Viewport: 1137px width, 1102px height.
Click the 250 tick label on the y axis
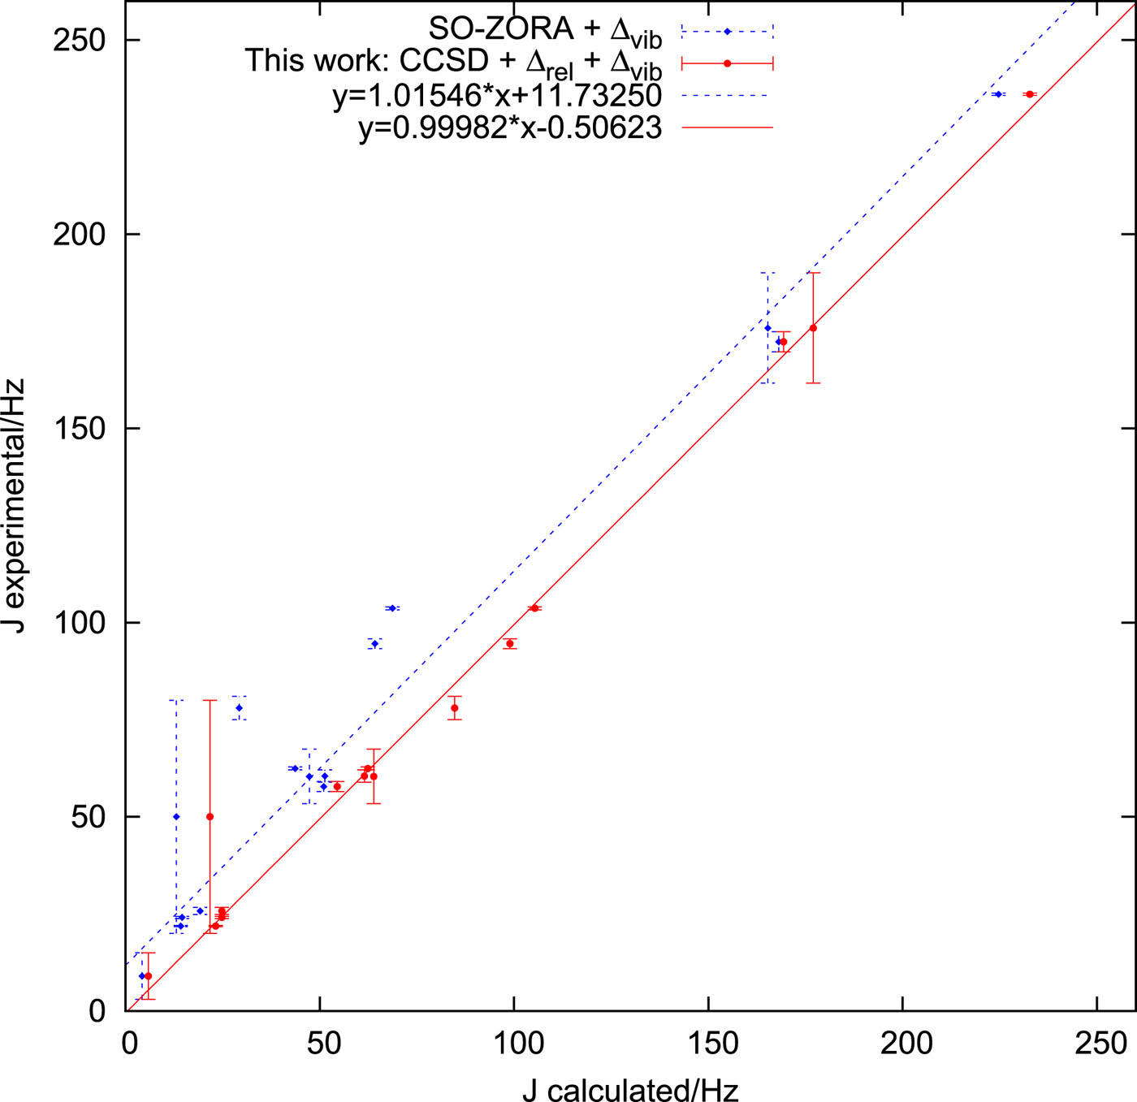(80, 40)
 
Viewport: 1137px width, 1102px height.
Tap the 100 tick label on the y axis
(80, 623)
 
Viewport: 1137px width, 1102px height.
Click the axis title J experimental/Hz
(15, 505)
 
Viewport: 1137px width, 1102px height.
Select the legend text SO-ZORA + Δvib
(545, 32)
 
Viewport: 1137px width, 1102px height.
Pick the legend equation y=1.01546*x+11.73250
(497, 96)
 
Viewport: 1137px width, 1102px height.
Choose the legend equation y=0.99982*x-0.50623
(510, 127)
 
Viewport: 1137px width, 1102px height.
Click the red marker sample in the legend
(727, 63)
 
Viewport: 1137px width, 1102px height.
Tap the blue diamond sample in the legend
(727, 32)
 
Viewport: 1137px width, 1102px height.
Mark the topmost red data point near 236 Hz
(1030, 94)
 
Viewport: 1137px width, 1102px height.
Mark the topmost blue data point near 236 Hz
(998, 94)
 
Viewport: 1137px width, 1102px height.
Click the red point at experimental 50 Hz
(210, 816)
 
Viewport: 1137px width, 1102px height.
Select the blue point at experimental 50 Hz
(176, 816)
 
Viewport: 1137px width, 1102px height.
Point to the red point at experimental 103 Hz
(534, 608)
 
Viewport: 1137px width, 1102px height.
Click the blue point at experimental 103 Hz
(392, 608)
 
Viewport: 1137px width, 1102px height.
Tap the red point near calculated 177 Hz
(813, 328)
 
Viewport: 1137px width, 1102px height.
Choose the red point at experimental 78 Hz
(455, 708)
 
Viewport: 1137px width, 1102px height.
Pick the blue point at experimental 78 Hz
(239, 708)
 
